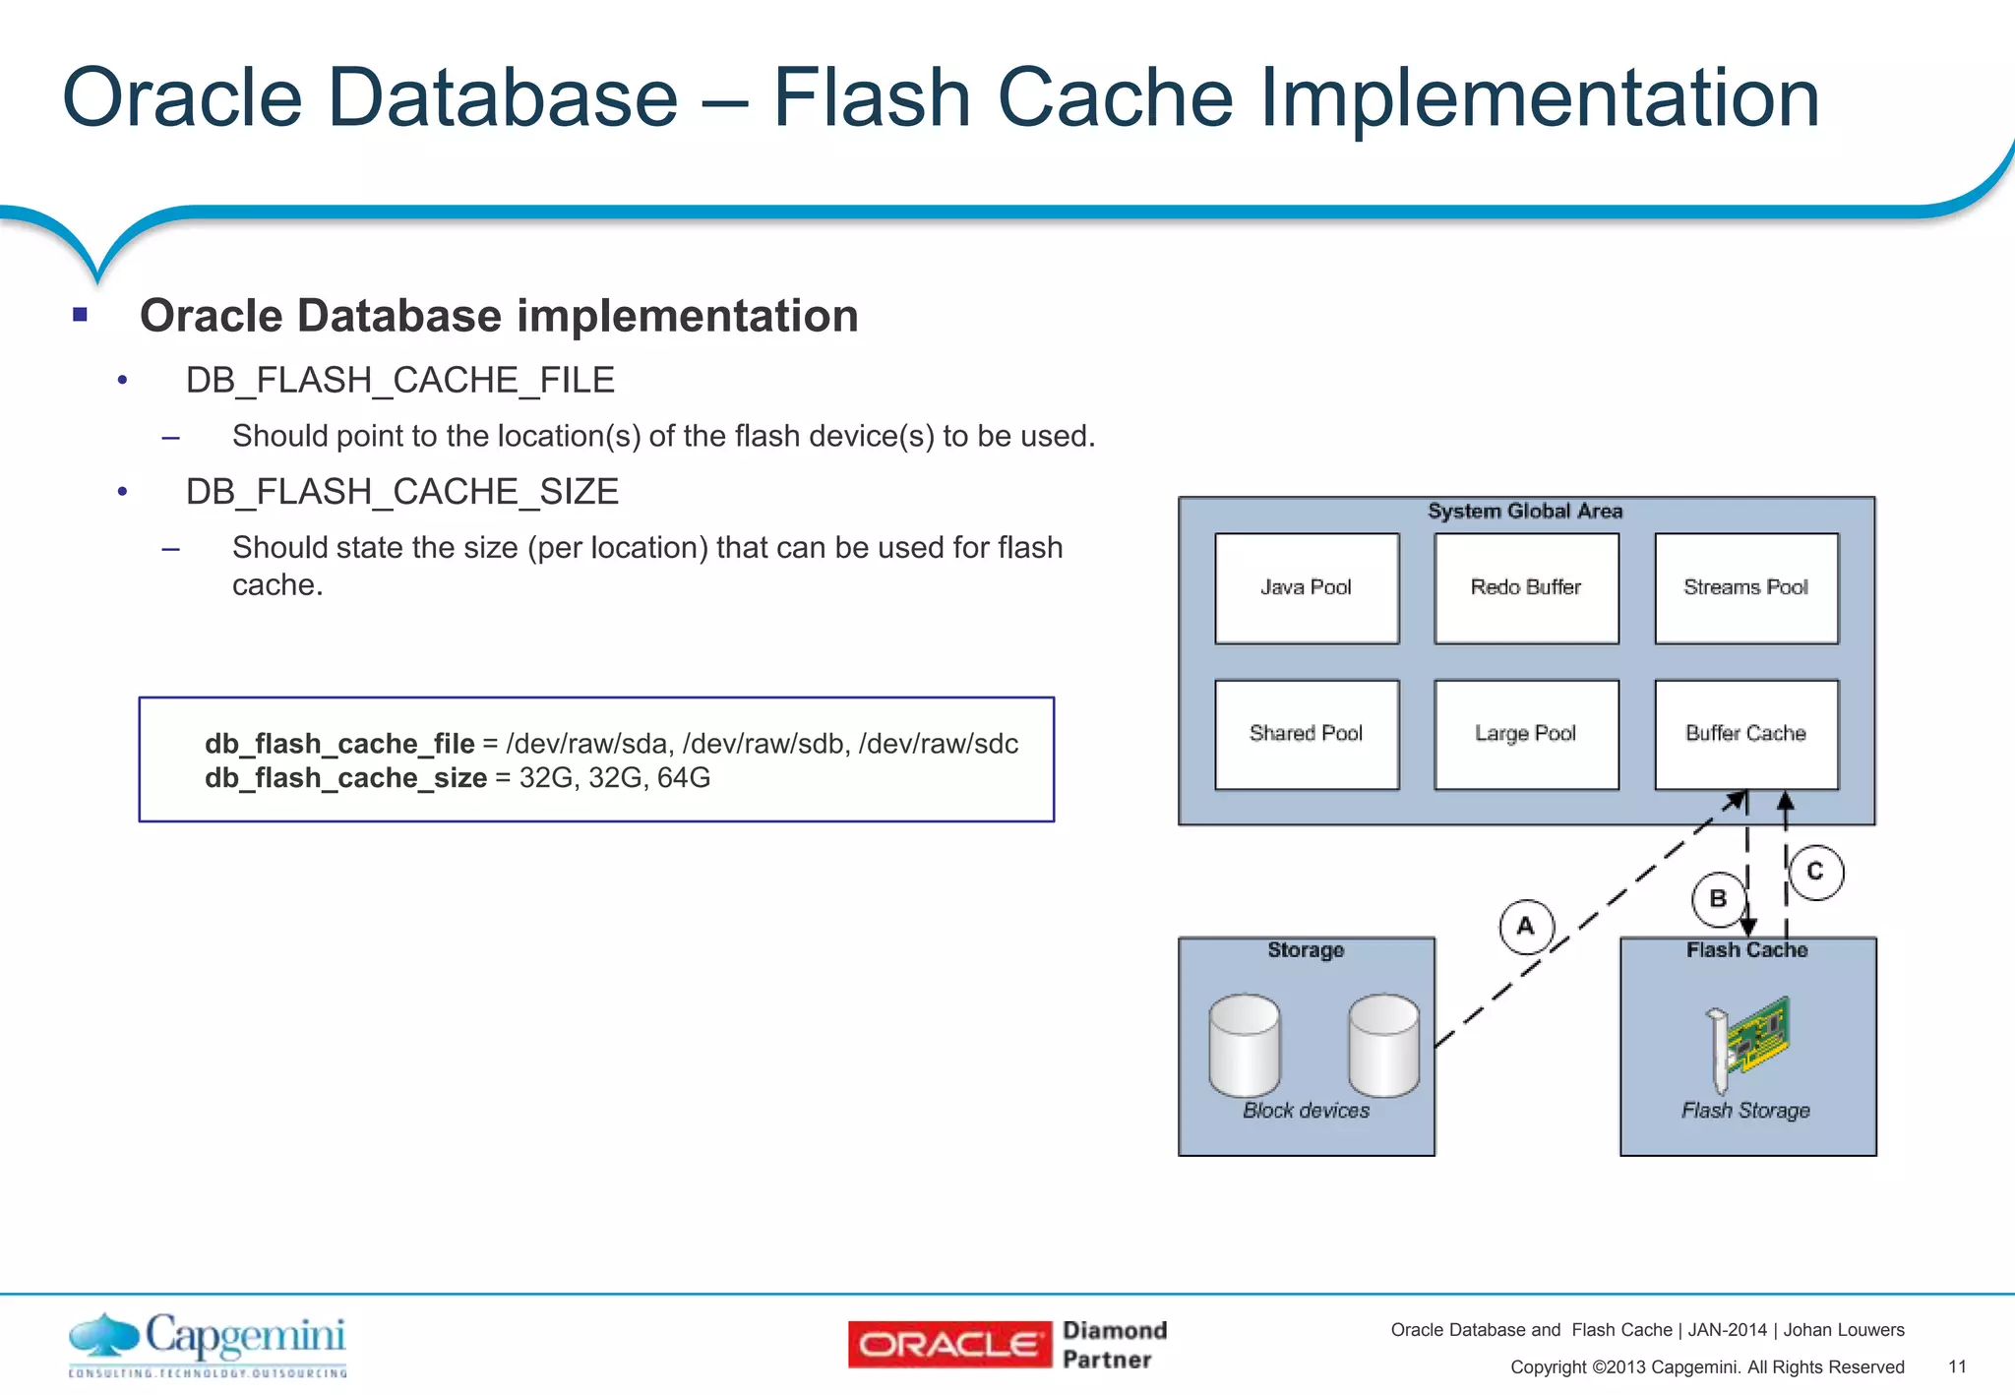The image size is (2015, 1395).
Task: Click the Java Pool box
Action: tap(1306, 588)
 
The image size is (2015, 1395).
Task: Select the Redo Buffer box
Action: tap(1526, 588)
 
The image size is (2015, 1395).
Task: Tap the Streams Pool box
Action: tap(1746, 588)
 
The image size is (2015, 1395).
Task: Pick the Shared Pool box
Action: tap(1306, 734)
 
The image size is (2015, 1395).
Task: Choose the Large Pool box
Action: tap(1526, 734)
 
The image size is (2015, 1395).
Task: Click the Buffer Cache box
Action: tap(1746, 734)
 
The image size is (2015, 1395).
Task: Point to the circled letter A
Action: tap(1526, 927)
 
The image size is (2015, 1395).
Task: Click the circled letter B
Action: tap(1718, 899)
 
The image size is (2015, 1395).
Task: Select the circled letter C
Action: tap(1815, 872)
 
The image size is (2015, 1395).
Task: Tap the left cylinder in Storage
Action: tap(1245, 1045)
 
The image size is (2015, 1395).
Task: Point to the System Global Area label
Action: tap(1525, 512)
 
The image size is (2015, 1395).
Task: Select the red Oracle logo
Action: tap(949, 1345)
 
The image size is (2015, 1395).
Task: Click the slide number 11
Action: tap(1957, 1366)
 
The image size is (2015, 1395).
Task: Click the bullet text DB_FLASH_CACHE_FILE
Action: tap(399, 381)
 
